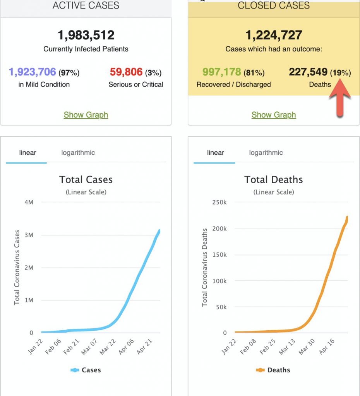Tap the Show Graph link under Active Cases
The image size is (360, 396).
point(86,115)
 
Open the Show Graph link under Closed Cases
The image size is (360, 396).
point(274,115)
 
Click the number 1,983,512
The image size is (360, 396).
point(86,36)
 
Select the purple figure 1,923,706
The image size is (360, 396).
point(33,72)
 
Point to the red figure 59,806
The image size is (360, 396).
point(126,72)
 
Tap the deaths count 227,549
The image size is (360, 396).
point(308,72)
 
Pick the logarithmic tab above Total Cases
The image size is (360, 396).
point(78,153)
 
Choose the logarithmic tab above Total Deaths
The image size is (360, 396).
point(266,153)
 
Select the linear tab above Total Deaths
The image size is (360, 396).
point(216,153)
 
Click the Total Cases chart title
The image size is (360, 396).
point(86,180)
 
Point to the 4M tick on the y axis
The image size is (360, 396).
point(29,202)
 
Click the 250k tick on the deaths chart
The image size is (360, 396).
point(219,202)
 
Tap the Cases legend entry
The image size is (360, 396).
point(86,370)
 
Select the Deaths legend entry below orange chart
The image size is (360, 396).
point(273,370)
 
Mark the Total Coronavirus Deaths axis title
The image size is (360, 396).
point(205,267)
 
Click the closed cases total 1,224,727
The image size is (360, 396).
point(274,36)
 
